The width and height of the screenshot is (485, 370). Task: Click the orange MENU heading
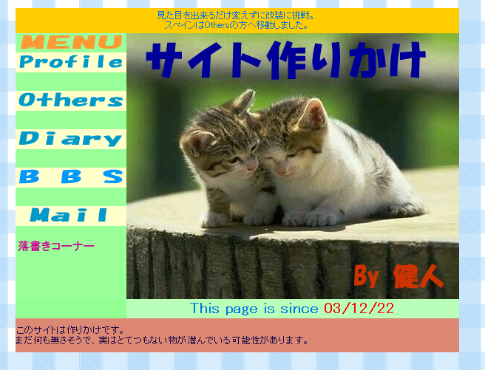point(71,42)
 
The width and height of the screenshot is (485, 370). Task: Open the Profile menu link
point(71,62)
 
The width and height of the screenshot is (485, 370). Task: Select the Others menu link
point(71,100)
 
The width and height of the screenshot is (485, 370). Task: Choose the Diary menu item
point(70,139)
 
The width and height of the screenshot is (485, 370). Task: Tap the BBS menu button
point(71,177)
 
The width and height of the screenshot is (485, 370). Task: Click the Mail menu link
point(69,215)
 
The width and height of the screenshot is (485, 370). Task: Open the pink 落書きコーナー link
point(56,246)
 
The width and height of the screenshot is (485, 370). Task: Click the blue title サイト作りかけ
point(286,61)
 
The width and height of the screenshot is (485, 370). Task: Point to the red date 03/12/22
point(359,308)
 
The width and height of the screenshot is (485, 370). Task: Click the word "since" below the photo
point(299,309)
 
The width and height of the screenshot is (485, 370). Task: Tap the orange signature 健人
point(418,277)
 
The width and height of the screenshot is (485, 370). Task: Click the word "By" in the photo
point(366,275)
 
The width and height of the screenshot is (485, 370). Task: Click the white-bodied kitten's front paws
point(309,219)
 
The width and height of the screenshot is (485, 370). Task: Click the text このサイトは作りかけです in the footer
point(70,330)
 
